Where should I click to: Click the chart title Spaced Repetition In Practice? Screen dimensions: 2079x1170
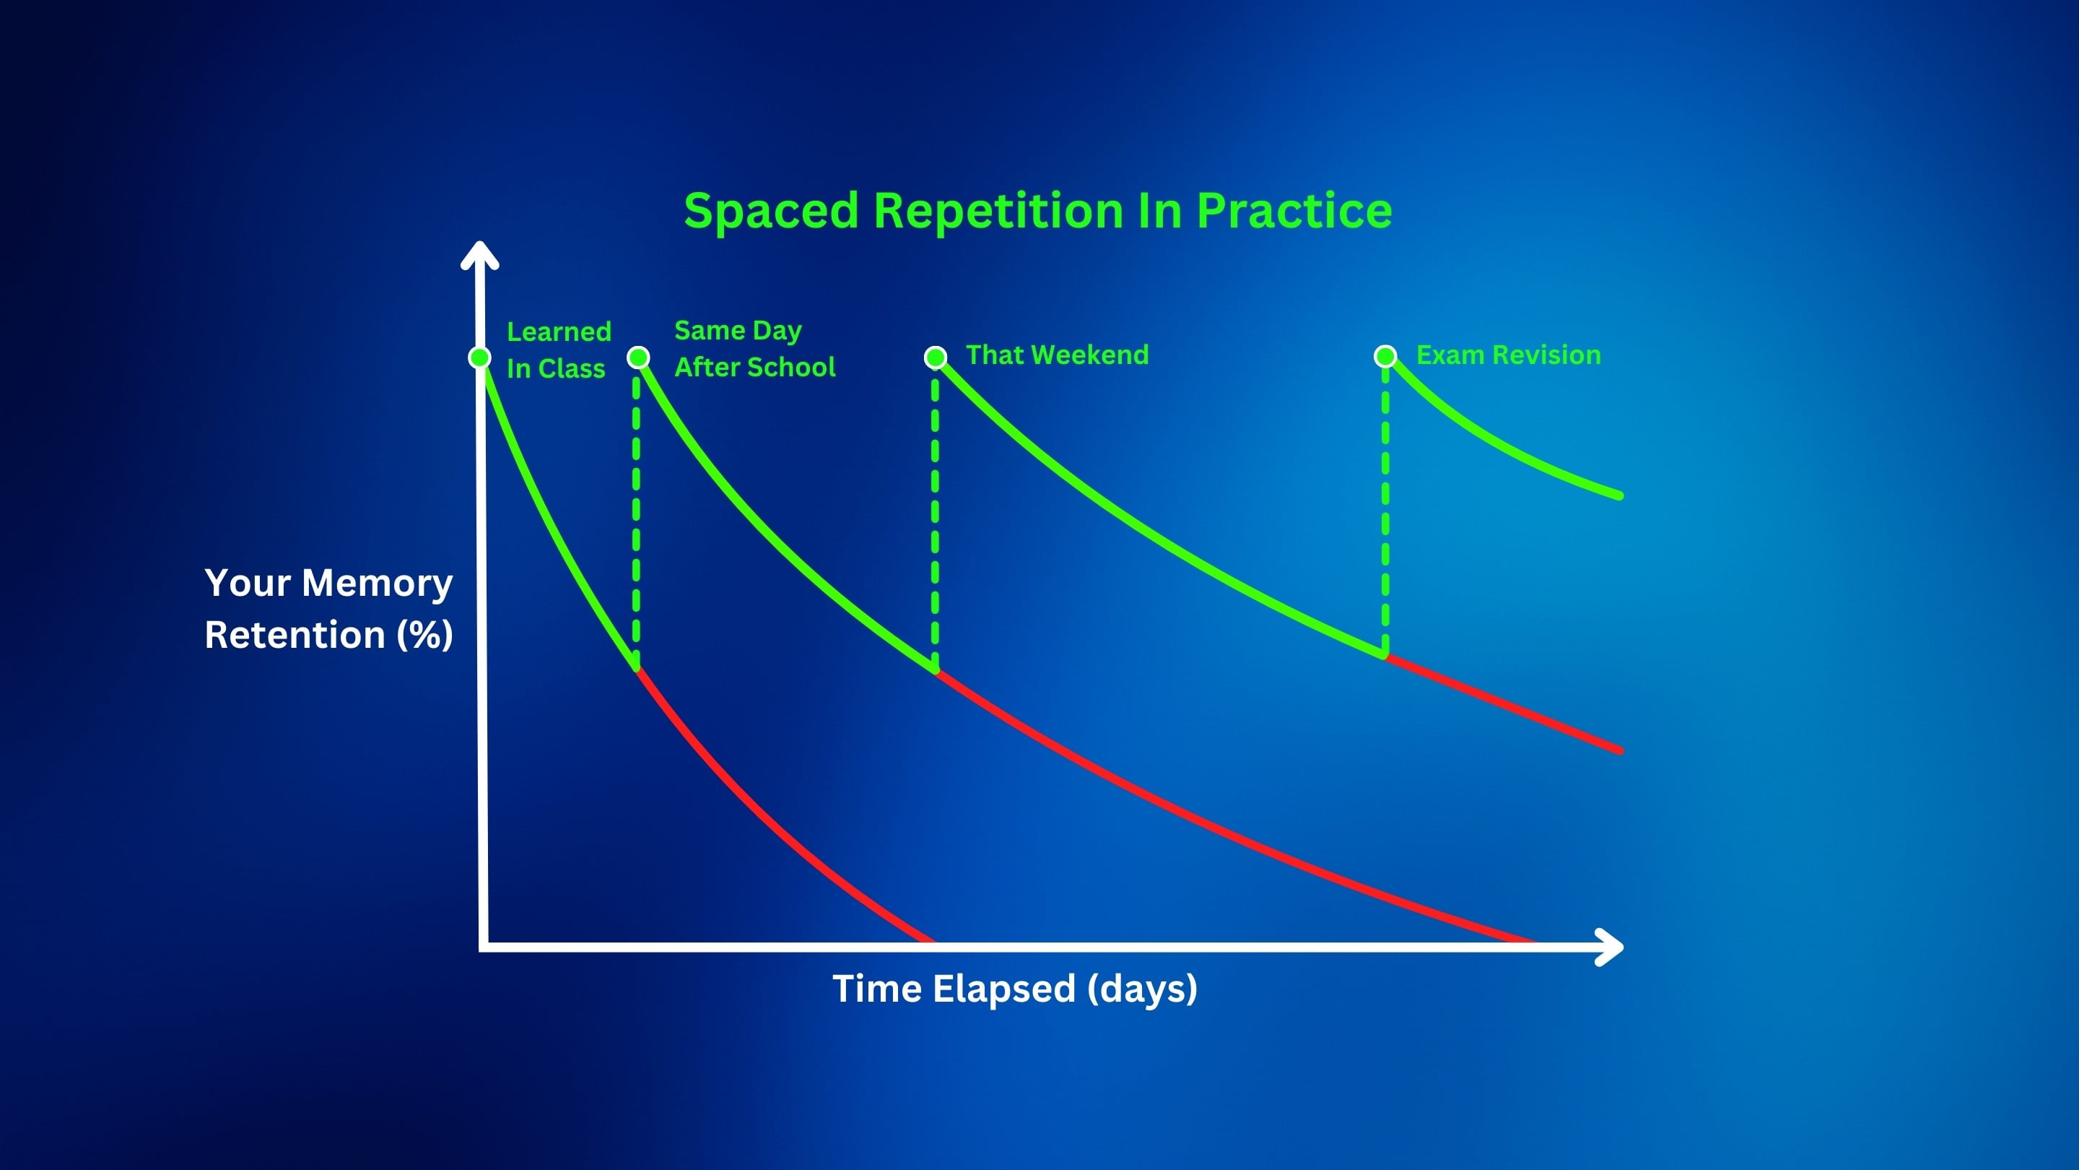coord(1038,212)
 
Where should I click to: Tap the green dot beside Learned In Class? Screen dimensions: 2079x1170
coord(480,357)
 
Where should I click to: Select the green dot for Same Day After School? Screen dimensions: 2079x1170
coord(638,357)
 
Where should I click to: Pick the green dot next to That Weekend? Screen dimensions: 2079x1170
coord(936,357)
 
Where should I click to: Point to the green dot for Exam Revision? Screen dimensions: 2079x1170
coord(1386,356)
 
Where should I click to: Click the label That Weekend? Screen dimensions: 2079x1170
coord(1058,355)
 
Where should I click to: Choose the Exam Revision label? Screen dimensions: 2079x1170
coord(1509,355)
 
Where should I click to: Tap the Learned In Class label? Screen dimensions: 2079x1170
coord(559,350)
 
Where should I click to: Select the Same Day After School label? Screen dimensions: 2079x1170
coord(754,349)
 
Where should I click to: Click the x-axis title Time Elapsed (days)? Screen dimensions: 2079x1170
coord(1014,989)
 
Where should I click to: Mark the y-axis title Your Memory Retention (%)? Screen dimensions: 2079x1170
coord(328,608)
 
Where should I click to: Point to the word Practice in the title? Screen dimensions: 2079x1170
coord(1294,212)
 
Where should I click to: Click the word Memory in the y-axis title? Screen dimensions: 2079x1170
coord(377,584)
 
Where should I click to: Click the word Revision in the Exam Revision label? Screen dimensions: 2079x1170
coord(1546,355)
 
